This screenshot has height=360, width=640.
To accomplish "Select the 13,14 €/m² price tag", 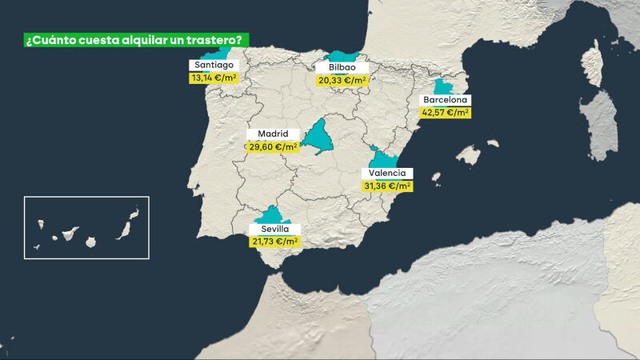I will [x=214, y=78].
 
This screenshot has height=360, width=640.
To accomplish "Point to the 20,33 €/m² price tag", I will [x=342, y=80].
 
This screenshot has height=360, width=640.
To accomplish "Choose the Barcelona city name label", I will [x=446, y=100].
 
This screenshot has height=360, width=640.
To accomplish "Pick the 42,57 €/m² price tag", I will [x=446, y=113].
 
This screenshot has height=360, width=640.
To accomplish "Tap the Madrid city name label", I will [x=273, y=134].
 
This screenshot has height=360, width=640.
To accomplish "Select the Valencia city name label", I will [x=386, y=173].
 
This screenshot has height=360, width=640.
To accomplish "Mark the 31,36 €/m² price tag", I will [x=387, y=186].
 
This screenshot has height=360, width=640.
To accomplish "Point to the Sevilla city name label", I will [x=274, y=229].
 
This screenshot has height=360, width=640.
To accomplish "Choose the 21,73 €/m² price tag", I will [x=274, y=241].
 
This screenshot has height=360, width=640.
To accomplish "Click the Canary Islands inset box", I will [x=86, y=227].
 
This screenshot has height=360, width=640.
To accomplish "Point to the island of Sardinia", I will [x=598, y=124].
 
